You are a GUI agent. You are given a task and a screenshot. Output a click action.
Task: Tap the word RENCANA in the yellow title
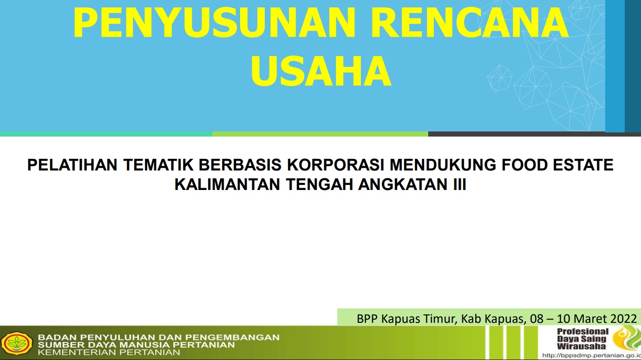pyautogui.click(x=470, y=23)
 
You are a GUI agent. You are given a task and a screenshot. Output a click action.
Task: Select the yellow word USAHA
pyautogui.click(x=321, y=71)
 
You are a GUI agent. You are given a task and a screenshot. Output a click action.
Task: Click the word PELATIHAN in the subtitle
pyautogui.click(x=72, y=165)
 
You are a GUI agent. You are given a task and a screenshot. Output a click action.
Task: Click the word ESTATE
pyautogui.click(x=583, y=165)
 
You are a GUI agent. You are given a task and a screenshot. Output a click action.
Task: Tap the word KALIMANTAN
pyautogui.click(x=227, y=184)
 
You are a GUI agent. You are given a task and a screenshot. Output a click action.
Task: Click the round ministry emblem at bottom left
pyautogui.click(x=17, y=343)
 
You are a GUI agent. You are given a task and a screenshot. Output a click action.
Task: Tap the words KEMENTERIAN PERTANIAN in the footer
pyautogui.click(x=109, y=352)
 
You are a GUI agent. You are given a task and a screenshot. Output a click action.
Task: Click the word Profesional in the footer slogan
pyautogui.click(x=582, y=332)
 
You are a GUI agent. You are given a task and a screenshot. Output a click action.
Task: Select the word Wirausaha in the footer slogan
pyautogui.click(x=581, y=346)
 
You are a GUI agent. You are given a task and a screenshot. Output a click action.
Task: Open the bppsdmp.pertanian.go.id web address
pyautogui.click(x=591, y=356)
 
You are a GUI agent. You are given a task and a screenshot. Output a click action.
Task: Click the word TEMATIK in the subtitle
pyautogui.click(x=158, y=165)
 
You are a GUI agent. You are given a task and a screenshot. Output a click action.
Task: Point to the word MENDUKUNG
pyautogui.click(x=443, y=165)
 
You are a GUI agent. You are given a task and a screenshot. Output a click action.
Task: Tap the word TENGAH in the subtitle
pyautogui.click(x=319, y=184)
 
